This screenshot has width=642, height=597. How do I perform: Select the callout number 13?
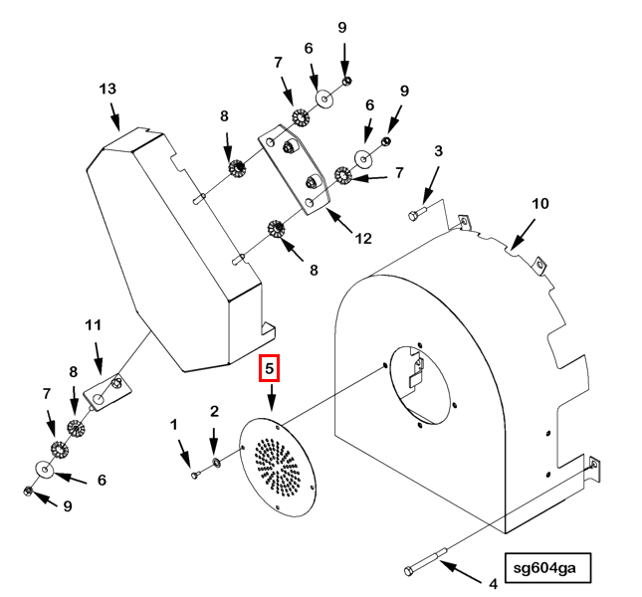(x=108, y=89)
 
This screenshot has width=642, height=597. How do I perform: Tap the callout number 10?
(x=538, y=204)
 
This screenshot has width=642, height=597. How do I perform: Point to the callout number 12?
(x=362, y=238)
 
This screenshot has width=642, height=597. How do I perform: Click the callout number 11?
(x=94, y=325)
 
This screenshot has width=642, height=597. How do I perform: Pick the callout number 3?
(x=437, y=151)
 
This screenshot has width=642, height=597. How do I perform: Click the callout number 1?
(x=174, y=425)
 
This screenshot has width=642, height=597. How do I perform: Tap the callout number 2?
(x=214, y=411)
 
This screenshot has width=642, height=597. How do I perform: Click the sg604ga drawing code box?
(x=546, y=570)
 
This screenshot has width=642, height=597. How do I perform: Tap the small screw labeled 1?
(x=196, y=475)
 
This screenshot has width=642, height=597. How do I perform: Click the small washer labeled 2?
(x=218, y=463)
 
